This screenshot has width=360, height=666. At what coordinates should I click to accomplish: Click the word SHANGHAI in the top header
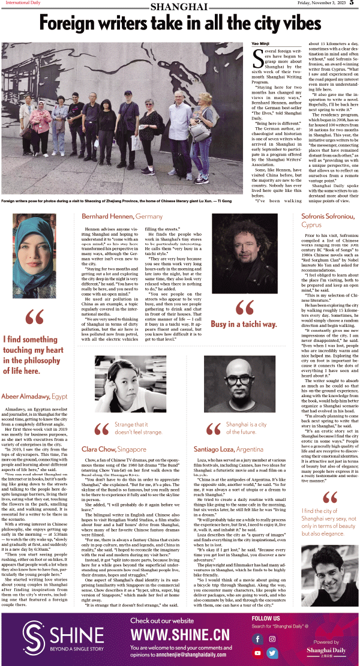click(179, 7)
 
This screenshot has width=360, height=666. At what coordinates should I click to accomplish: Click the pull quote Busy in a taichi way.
click(244, 324)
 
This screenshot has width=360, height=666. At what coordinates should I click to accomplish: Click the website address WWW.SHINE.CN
click(179, 635)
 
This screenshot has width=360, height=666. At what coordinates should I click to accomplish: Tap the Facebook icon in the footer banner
click(259, 638)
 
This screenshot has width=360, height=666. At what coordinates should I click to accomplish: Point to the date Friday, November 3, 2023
click(322, 4)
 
